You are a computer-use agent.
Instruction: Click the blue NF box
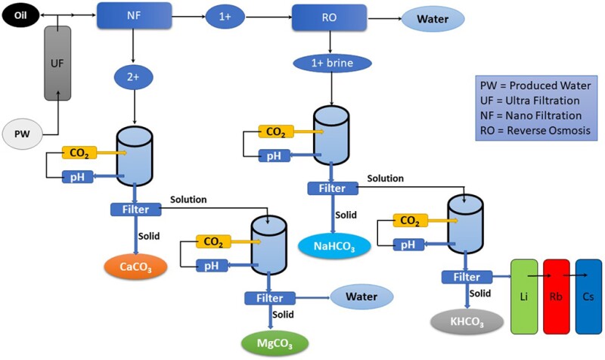coord(133,15)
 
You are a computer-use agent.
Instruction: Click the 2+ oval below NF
coord(133,75)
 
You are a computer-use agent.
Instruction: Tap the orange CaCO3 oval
coord(135,265)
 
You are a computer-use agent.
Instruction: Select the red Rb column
coord(559,296)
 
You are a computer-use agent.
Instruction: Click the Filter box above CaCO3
coord(135,209)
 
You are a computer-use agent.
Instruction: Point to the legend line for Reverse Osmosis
coord(530,130)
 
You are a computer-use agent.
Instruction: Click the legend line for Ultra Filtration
coord(530,99)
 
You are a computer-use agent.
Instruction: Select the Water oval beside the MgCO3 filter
coord(362,298)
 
